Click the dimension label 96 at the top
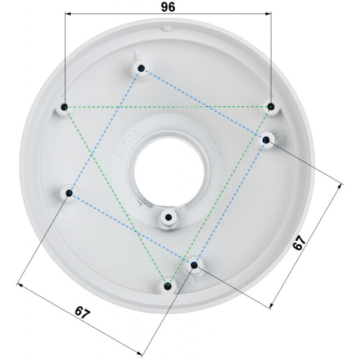point(167,8)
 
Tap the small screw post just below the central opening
point(169,217)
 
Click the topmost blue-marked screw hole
point(140,68)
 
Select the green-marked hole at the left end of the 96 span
point(65,108)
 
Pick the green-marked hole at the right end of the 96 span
point(271,107)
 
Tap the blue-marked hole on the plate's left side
point(70,193)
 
